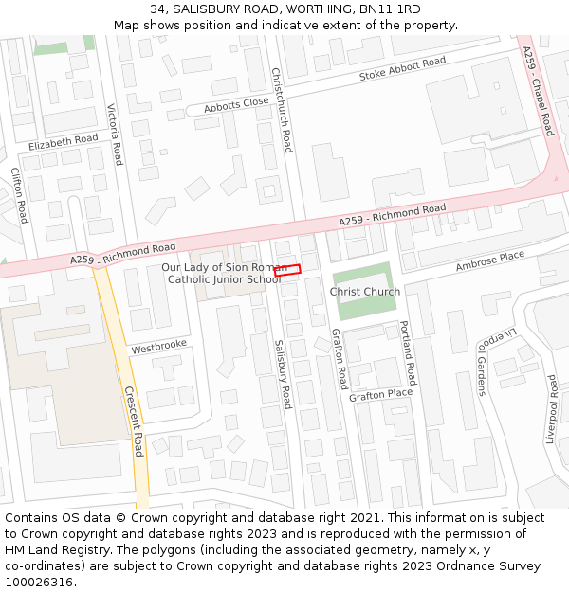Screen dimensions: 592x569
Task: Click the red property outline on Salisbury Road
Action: (x=287, y=270)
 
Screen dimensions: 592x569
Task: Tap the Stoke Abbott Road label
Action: (x=402, y=69)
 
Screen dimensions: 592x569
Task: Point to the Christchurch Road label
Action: (x=282, y=110)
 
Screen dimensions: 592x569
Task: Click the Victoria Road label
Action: (x=115, y=134)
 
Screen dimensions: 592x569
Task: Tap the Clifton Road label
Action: (x=18, y=195)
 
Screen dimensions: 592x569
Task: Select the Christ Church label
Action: (x=365, y=292)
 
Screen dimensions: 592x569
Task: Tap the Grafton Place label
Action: (x=380, y=394)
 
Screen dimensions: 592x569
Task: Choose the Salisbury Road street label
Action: (x=282, y=373)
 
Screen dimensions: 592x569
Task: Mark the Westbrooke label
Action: (x=159, y=348)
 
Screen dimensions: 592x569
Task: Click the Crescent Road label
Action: (x=133, y=421)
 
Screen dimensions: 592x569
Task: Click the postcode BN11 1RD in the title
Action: (x=393, y=9)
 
